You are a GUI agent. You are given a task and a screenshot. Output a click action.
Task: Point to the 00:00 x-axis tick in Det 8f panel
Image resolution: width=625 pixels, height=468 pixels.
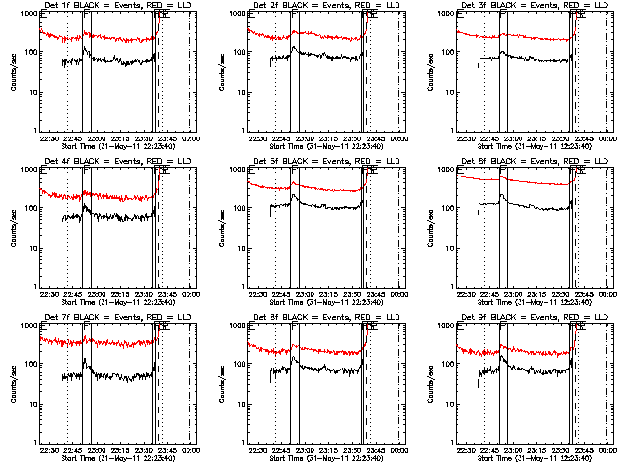399,449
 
